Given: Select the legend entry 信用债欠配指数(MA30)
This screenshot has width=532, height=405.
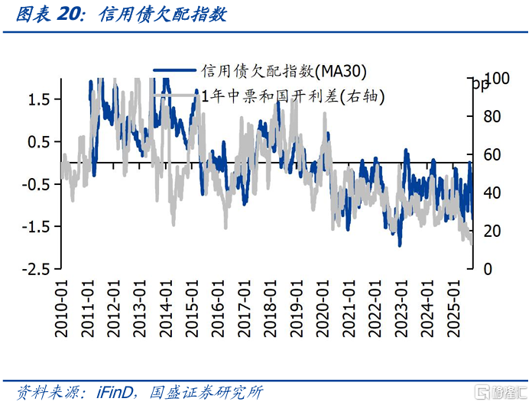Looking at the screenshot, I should tap(283, 71).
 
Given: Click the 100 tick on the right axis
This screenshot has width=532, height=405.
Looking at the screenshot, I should tap(497, 79).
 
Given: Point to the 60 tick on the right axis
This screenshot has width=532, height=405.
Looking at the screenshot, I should tap(493, 155).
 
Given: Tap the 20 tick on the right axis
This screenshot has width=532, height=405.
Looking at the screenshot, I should tap(493, 232).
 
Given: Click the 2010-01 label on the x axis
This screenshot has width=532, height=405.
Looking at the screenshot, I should tap(63, 306).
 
